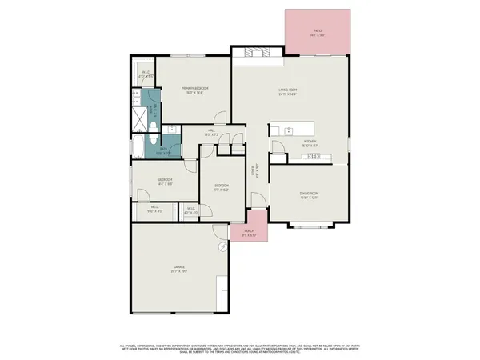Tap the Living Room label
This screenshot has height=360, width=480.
[x=287, y=92]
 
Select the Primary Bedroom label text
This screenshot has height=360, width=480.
[x=194, y=90]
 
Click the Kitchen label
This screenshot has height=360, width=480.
[x=310, y=142]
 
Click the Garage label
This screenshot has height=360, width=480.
[x=178, y=269]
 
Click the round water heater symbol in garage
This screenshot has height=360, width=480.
[x=222, y=247]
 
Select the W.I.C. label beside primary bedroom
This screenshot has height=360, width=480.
[x=145, y=77]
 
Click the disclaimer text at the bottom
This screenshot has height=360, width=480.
[x=240, y=348]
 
